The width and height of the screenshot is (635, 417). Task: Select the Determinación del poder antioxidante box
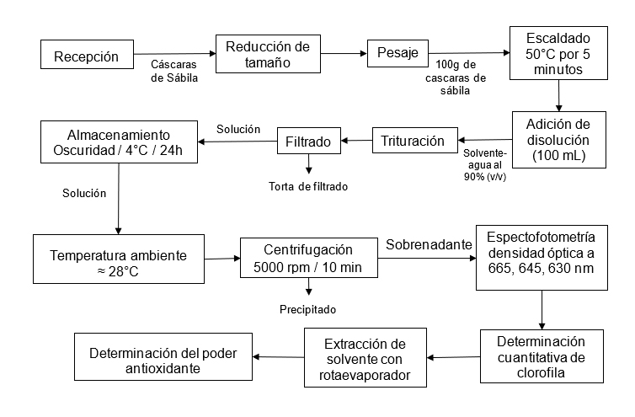point(165,359)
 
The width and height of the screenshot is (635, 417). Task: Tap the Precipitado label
point(307,309)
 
